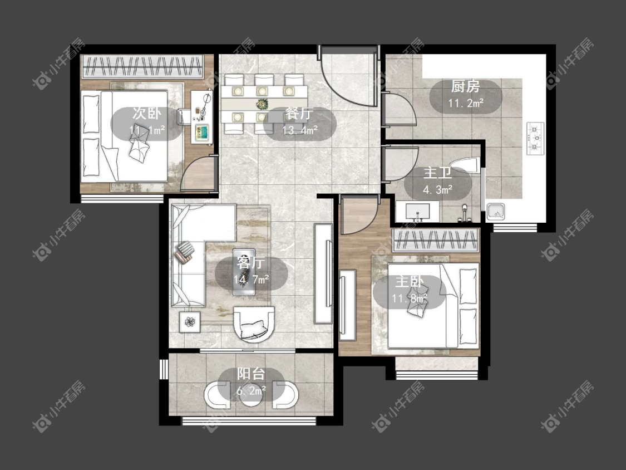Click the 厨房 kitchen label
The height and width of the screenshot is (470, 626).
click(x=465, y=86)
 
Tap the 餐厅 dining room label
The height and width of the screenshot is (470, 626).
click(x=299, y=113)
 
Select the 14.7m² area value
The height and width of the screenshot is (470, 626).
click(x=251, y=279)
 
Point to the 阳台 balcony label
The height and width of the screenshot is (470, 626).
click(x=251, y=374)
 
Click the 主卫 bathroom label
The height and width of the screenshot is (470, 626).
click(x=437, y=173)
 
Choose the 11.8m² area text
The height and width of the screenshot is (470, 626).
click(x=409, y=298)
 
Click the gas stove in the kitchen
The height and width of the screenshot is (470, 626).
click(x=536, y=139)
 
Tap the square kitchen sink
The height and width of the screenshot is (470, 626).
click(x=495, y=212)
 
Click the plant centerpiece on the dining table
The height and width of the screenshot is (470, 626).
click(x=262, y=104)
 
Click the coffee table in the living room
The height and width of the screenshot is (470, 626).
click(x=244, y=272)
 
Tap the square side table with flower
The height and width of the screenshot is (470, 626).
click(x=190, y=321)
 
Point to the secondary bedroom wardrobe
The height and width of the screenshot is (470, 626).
click(x=142, y=66)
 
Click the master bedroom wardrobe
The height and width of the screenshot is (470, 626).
click(x=436, y=240)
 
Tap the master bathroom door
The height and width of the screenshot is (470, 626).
click(x=400, y=164)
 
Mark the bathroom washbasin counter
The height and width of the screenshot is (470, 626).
click(x=417, y=212)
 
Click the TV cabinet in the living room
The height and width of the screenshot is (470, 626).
click(x=323, y=273)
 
